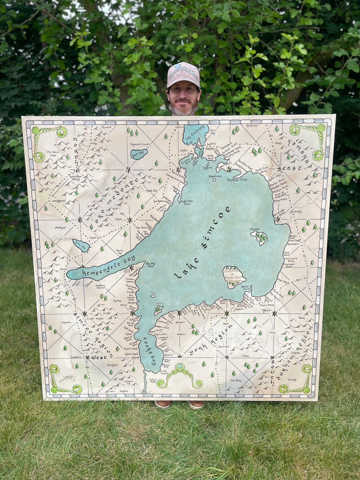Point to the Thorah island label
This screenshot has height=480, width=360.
click(255, 229)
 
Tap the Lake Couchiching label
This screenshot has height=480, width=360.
click(195, 133)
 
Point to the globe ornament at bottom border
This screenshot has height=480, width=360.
click(180, 367)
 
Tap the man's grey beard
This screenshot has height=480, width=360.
click(183, 109)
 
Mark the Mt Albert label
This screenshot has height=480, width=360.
click(236, 381)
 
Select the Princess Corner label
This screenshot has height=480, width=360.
click(140, 144)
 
